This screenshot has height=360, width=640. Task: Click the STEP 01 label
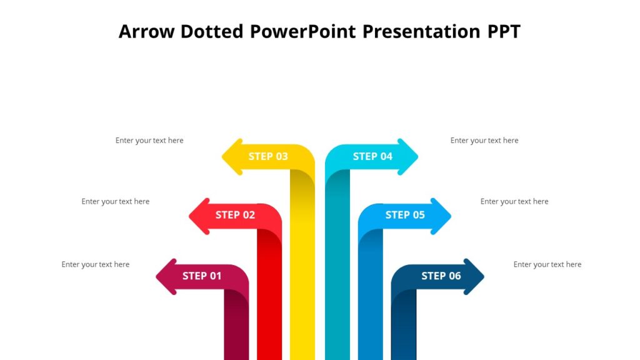202,276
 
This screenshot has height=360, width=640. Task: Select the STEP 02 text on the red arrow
235,215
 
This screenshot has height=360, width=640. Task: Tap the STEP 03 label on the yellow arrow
268,156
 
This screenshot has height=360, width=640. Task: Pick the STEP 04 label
372,156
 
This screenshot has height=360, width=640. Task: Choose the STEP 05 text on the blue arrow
405,215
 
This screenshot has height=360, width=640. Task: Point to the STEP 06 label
441,276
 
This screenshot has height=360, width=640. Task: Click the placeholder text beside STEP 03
149,141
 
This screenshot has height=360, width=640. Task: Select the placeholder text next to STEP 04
484,141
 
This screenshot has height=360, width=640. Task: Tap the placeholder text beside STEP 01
96,264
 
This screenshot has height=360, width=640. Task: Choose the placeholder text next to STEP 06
547,264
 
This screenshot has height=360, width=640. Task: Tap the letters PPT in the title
504,31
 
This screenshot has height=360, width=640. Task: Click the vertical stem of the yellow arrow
302,269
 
